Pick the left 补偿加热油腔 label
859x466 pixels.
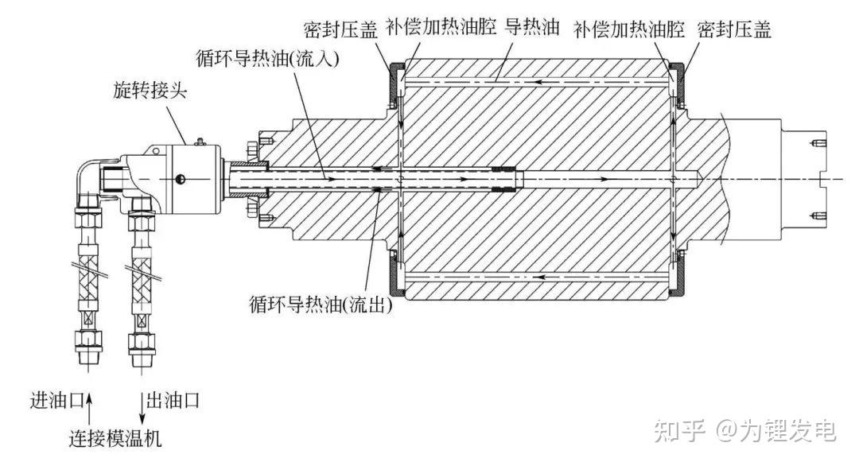point(441,29)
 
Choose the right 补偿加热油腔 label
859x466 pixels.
point(628,30)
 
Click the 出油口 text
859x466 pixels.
point(170,398)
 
